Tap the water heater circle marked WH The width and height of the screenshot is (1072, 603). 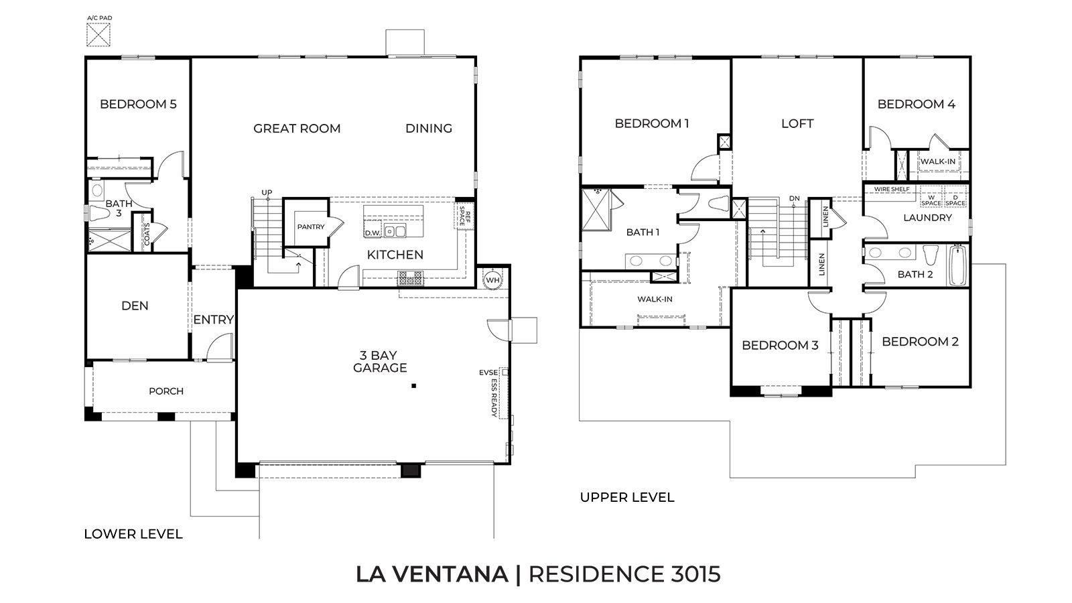coord(492,279)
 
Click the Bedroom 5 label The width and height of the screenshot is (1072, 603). coord(138,104)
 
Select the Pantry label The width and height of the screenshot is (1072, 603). coord(311,227)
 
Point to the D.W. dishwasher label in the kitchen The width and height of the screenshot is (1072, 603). coord(373,232)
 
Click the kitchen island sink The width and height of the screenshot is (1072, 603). coord(395,231)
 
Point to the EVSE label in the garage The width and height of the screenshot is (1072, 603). coord(488,372)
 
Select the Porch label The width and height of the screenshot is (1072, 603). coord(166,391)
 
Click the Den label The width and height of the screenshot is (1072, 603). coord(135,306)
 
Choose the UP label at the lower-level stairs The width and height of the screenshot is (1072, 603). coord(267,193)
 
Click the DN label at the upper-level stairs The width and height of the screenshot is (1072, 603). coord(795,198)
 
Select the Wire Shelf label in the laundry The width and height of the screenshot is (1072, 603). coord(892,190)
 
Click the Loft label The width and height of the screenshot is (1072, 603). coord(797,123)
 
